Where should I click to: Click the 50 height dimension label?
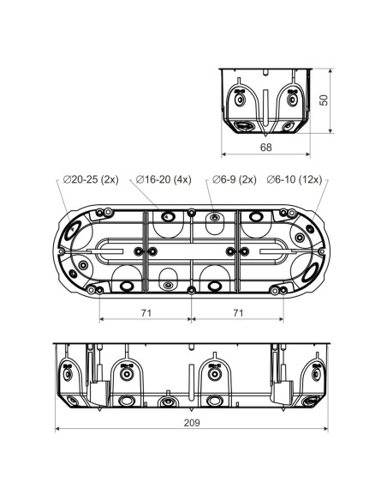click(x=324, y=100)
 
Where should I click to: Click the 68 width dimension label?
click(x=266, y=148)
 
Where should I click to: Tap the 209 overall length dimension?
click(x=192, y=423)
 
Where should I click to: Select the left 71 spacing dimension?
click(x=146, y=313)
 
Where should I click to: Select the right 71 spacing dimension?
click(x=238, y=313)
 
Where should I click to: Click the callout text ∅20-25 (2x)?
click(x=91, y=180)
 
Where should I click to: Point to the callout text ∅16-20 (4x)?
click(x=164, y=180)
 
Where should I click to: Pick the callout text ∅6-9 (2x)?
click(x=235, y=180)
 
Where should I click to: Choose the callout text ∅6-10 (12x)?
click(x=295, y=180)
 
